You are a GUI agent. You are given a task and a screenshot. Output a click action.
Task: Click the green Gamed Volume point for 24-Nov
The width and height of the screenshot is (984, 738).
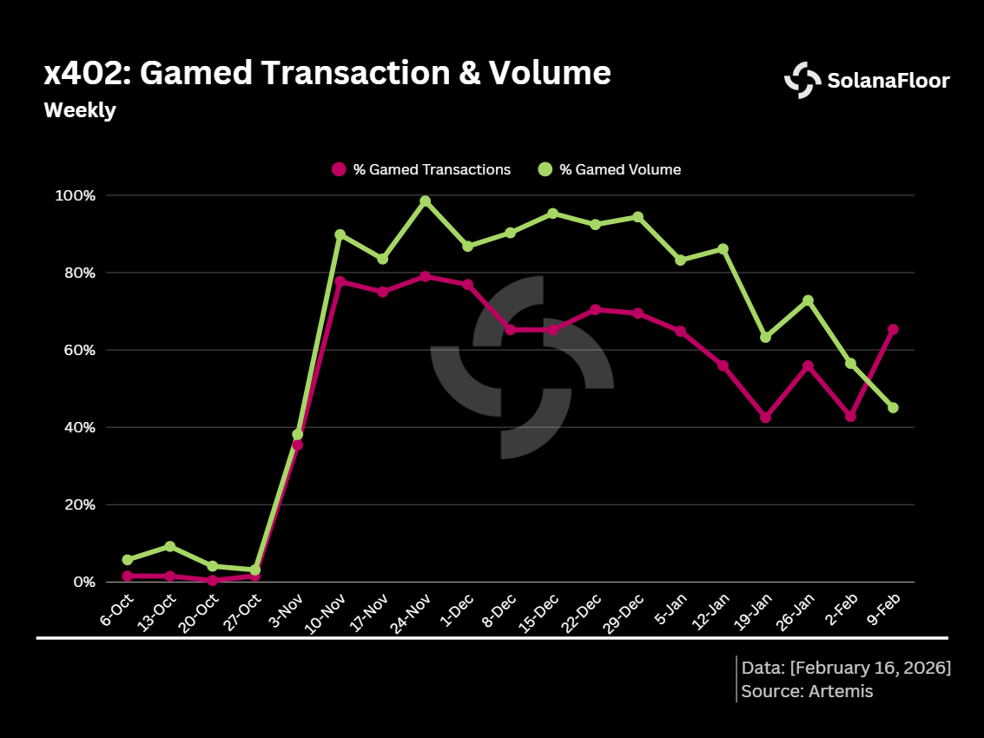[425, 201]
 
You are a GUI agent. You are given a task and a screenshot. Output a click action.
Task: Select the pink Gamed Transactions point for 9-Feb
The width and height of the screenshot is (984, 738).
[893, 329]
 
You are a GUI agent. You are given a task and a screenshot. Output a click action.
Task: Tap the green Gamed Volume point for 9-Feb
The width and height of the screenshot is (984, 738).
[893, 407]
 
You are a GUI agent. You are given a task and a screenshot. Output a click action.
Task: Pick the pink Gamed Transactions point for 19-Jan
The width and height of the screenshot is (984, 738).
[765, 418]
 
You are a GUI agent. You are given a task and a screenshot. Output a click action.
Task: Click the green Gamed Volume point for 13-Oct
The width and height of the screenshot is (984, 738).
[170, 546]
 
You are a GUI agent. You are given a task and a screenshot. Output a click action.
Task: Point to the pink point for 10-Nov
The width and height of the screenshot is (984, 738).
[340, 281]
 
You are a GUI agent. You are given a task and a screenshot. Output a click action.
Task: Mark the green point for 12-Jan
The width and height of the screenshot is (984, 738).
[723, 249]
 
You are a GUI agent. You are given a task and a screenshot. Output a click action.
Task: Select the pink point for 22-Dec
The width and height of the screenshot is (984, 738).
[595, 309]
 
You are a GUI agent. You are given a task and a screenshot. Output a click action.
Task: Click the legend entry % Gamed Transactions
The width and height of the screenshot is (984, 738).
[421, 169]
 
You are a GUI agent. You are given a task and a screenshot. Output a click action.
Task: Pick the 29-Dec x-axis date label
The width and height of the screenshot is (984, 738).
[624, 615]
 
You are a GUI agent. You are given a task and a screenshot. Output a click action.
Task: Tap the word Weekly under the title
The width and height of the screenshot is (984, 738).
[80, 111]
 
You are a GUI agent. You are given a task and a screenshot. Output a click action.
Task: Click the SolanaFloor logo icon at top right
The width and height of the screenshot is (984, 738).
[802, 80]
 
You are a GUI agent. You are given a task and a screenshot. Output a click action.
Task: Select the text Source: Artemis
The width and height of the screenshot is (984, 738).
[807, 691]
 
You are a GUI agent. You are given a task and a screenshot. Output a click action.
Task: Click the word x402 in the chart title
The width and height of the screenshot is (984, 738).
[83, 74]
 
